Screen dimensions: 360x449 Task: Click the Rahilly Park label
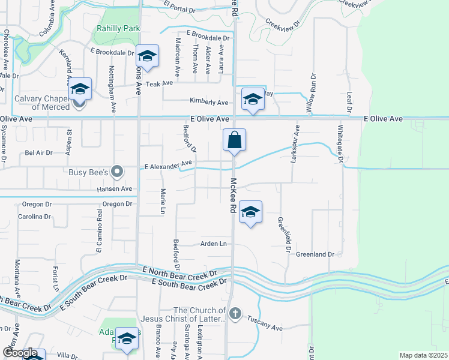pyautogui.click(x=118, y=28)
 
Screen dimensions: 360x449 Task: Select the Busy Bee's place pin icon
pyautogui.click(x=118, y=172)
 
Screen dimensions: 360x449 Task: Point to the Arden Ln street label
pyautogui.click(x=214, y=244)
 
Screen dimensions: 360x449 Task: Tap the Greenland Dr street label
pyautogui.click(x=315, y=254)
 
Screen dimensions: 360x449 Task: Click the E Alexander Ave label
pyautogui.click(x=168, y=163)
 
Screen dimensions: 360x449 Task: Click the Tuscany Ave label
pyautogui.click(x=265, y=328)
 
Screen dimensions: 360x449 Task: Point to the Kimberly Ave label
pyautogui.click(x=209, y=101)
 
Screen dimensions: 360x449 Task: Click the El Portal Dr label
pyautogui.click(x=179, y=10)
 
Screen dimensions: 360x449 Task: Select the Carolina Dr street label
pyautogui.click(x=35, y=217)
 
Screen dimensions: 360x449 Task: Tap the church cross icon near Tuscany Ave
pyautogui.click(x=235, y=313)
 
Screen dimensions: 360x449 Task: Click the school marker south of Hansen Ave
pyautogui.click(x=251, y=212)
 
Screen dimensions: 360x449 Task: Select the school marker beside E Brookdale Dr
pyautogui.click(x=146, y=57)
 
